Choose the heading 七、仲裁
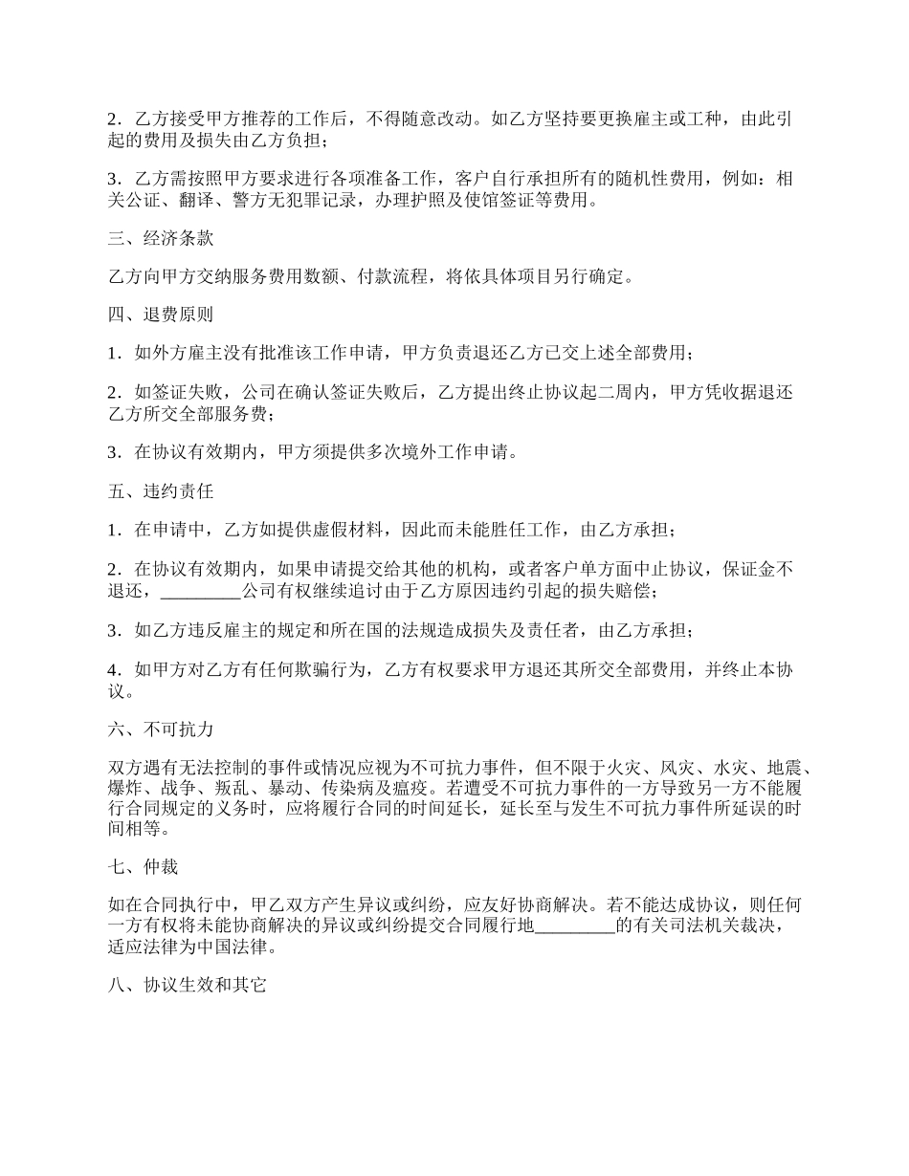pyautogui.click(x=144, y=867)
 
